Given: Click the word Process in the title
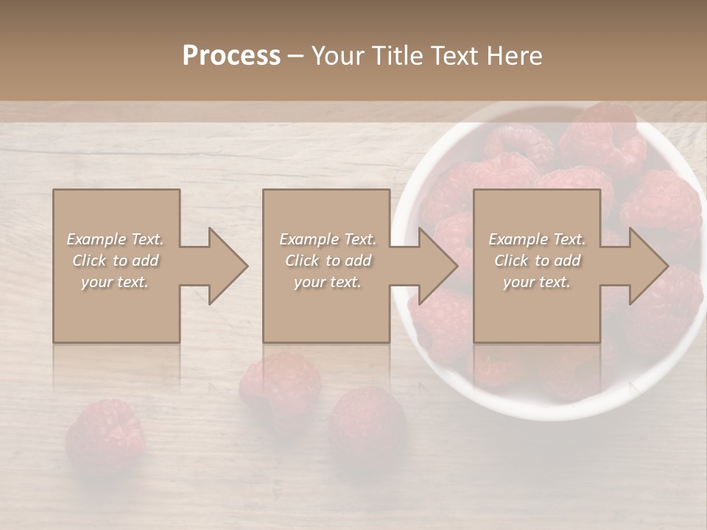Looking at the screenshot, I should click(231, 56).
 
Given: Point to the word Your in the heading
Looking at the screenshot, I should click(337, 56).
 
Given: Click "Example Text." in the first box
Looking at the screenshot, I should click(115, 239).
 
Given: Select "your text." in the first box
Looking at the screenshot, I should click(115, 282).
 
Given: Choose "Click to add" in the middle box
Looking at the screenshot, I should click(328, 261).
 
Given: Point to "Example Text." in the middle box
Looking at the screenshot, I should click(328, 239).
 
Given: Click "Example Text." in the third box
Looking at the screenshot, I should click(537, 239).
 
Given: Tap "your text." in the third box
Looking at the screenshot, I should click(537, 282).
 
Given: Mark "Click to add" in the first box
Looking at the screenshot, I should click(115, 261).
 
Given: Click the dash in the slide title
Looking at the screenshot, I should click(295, 56).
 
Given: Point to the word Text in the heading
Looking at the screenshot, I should click(452, 56).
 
